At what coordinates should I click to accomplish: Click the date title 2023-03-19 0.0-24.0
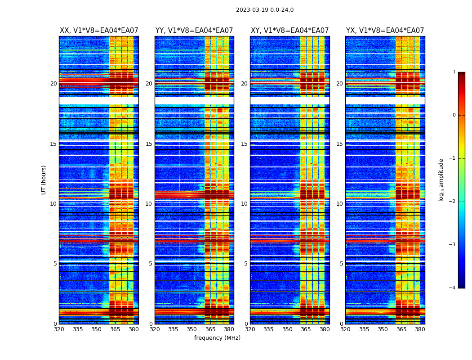coord(265,10)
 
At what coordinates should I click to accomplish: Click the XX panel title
coord(99,31)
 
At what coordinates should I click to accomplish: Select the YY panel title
coord(194,31)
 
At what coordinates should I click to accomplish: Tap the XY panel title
coord(289,31)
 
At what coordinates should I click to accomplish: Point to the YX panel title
coord(385,31)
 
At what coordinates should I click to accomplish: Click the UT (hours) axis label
coord(44,180)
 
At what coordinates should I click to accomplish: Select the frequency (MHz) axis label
coord(217,338)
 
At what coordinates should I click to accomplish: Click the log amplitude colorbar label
coord(441,180)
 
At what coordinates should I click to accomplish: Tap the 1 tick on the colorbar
coord(454,72)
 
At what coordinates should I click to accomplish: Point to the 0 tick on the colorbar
coord(454,115)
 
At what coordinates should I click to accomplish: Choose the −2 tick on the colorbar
coord(453,202)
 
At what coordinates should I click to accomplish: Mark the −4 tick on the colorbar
coord(453,288)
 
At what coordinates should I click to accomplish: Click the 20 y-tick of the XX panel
coord(53,84)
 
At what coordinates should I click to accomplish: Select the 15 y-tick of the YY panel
coord(149,144)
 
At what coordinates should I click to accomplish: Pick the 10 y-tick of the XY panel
coord(244,204)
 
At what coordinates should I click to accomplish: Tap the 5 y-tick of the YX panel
coord(341,264)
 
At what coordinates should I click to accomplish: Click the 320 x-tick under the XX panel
coord(59,329)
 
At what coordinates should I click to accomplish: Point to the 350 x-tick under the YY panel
coord(192,329)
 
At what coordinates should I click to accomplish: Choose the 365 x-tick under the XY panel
coord(306,329)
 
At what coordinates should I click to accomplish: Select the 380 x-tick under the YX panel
coord(420,329)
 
